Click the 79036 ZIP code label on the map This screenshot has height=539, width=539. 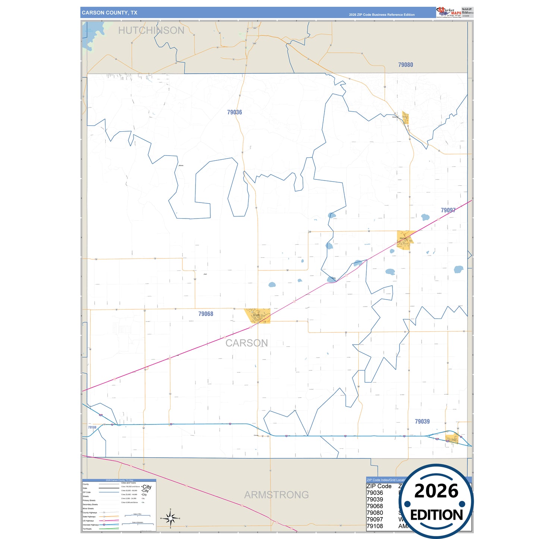click(234, 112)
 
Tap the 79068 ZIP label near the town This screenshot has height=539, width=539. click(206, 314)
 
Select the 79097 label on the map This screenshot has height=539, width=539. click(448, 210)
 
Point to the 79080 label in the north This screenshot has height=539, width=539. click(405, 65)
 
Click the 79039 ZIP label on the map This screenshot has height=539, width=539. click(422, 422)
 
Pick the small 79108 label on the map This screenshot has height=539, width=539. click(92, 427)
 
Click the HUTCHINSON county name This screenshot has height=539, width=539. click(151, 31)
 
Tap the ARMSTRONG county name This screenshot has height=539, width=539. click(276, 495)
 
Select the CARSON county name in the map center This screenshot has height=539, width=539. click(247, 343)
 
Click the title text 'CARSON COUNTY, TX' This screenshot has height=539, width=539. click(110, 13)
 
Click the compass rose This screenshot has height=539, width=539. click(170, 518)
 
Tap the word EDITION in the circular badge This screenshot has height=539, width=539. click(436, 515)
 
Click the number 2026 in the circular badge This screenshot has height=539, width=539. click(436, 491)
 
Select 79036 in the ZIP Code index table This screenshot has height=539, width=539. click(375, 493)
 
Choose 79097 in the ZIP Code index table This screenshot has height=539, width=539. click(375, 520)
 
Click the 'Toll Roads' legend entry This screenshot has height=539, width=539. click(87, 529)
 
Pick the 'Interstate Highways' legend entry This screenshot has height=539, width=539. click(91, 525)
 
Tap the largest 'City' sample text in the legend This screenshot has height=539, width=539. click(147, 487)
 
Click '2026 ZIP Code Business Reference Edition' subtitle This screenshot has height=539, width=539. click(382, 15)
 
